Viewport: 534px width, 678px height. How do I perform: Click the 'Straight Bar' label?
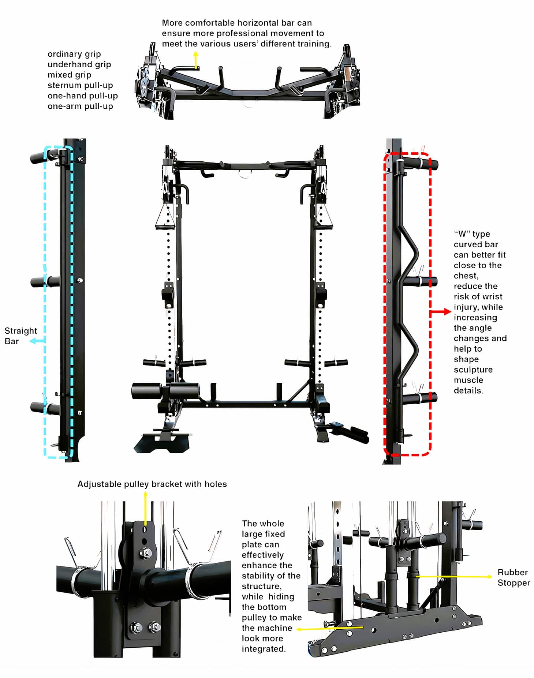click(x=20, y=336)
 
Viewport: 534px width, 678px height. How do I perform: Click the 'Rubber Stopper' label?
click(x=513, y=577)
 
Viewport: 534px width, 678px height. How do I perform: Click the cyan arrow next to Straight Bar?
click(x=37, y=341)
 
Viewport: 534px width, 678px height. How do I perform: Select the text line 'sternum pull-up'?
click(x=80, y=85)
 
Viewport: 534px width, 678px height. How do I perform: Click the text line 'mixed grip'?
click(x=69, y=75)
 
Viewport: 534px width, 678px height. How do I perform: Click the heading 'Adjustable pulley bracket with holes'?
click(x=152, y=484)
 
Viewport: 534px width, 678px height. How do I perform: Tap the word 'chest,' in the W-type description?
click(x=466, y=276)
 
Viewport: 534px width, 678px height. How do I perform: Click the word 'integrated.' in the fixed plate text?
click(x=264, y=649)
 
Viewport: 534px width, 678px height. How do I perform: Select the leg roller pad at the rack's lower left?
click(x=146, y=391)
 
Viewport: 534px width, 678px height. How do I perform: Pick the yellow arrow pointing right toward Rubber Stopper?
click(x=454, y=577)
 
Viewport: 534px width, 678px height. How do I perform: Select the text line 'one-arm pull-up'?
click(x=80, y=106)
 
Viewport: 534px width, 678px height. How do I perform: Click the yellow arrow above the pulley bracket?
click(x=145, y=509)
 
